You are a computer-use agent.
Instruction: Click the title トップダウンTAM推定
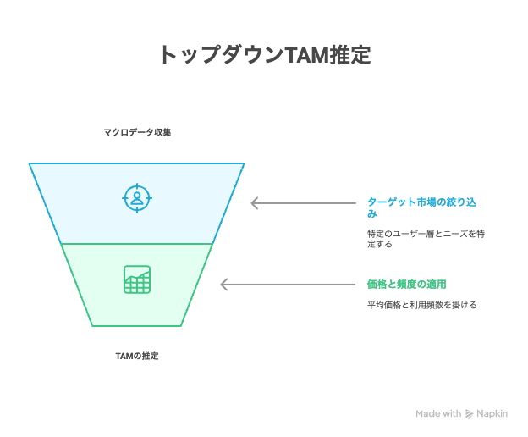[266, 54]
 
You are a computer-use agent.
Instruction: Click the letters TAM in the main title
[307, 55]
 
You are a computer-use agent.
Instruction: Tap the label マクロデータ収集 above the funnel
[137, 132]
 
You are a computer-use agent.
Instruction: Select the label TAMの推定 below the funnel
[137, 356]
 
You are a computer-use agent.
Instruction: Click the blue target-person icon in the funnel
[137, 198]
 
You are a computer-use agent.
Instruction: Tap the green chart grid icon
[137, 279]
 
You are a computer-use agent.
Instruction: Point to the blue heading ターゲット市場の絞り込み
[421, 207]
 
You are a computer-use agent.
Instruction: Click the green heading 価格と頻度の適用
[406, 285]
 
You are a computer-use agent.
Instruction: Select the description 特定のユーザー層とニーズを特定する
[426, 239]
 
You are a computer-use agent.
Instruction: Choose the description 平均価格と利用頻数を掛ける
[421, 305]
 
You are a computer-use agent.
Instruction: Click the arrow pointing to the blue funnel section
[304, 203]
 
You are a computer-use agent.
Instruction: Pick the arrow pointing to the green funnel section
[288, 285]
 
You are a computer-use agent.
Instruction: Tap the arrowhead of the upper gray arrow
[254, 203]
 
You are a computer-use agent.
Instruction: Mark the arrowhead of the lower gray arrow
[223, 285]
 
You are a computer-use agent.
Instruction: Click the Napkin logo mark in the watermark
[469, 414]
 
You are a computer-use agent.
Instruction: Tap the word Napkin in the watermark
[492, 414]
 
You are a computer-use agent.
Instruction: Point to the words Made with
[438, 413]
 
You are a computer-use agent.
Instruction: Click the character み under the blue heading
[371, 213]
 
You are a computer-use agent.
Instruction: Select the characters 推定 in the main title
[350, 54]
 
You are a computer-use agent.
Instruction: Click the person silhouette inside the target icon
[137, 198]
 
